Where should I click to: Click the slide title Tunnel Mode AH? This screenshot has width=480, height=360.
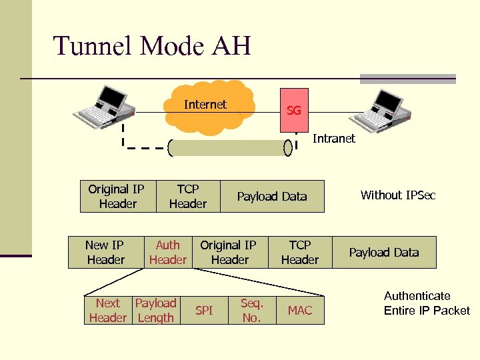pos(152,47)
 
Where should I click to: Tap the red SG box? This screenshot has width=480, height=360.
pos(293,106)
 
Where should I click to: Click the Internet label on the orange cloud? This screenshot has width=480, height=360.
pos(205,105)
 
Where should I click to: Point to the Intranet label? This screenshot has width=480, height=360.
pos(334,139)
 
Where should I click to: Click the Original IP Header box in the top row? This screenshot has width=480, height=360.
pos(117,196)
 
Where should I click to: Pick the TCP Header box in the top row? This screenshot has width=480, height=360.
pos(188,196)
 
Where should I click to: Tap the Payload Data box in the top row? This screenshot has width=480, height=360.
pos(272,196)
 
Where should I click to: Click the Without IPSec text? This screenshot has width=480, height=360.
pos(397,195)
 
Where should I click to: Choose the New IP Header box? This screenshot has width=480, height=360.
pos(106,252)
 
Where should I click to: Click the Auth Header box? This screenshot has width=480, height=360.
pos(168,252)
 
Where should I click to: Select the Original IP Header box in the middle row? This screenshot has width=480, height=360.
pos(229,252)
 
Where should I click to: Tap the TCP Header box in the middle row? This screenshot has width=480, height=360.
pos(299,252)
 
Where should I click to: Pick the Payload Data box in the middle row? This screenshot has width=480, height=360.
pos(384,252)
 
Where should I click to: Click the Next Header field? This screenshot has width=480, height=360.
pos(108,311)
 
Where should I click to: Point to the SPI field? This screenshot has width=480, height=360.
pos(204,311)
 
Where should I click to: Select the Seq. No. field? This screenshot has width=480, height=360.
pos(251,311)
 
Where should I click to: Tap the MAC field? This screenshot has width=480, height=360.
pos(299,311)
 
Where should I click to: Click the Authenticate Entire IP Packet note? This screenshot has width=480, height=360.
pos(427,303)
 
